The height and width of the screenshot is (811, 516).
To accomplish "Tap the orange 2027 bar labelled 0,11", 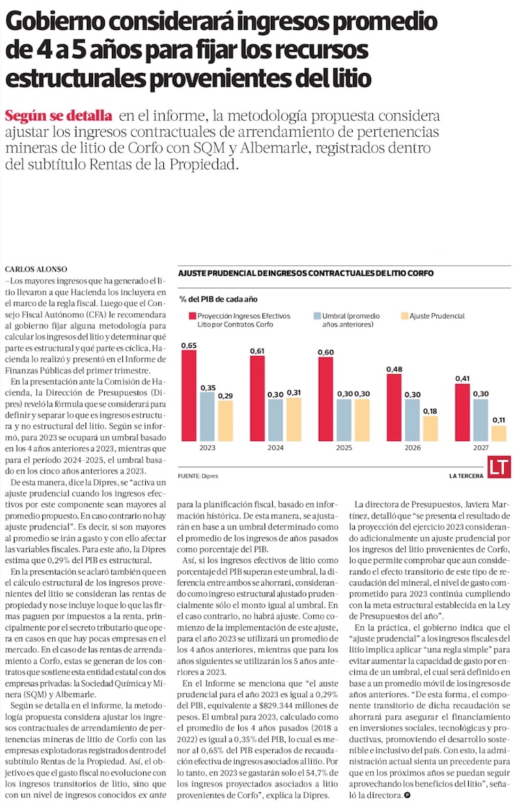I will pyautogui.click(x=499, y=433).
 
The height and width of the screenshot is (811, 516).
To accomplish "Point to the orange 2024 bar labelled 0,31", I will pyautogui.click(x=294, y=419).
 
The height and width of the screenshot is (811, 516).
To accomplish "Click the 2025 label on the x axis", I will pyautogui.click(x=345, y=449).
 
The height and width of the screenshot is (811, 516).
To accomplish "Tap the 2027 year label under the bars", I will pyautogui.click(x=481, y=449).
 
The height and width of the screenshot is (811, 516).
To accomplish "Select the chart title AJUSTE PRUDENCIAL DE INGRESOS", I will pyautogui.click(x=306, y=274).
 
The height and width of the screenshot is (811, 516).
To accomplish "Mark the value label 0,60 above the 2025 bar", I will pyautogui.click(x=325, y=352).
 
